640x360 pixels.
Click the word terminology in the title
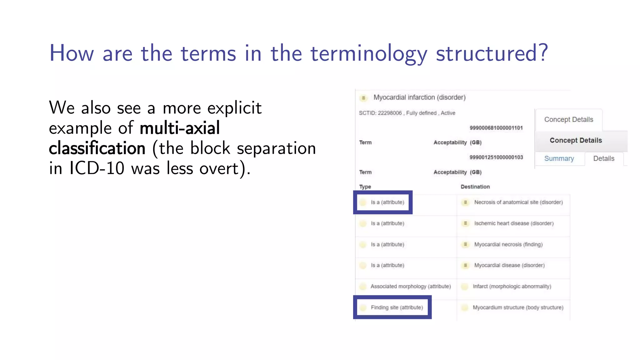coord(369,54)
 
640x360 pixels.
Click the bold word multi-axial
coord(180,128)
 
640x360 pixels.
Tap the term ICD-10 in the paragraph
coord(97,168)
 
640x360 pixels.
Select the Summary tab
coord(559,158)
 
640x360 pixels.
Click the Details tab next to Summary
coord(603,158)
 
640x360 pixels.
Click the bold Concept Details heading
coord(576,140)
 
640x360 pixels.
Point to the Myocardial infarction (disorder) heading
coord(419,97)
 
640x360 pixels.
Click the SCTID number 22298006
coord(390,113)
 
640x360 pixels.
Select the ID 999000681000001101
coord(496,128)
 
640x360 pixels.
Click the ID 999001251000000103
coord(496,157)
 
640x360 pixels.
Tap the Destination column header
coord(475,187)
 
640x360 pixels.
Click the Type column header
coord(365,187)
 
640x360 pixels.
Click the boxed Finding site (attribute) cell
coord(397,307)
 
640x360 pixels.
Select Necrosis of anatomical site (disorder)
coord(518,202)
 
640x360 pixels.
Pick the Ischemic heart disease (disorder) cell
coord(514,223)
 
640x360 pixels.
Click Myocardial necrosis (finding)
coord(508,244)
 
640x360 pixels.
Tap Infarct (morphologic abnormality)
coord(512,286)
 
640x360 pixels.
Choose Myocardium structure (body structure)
coord(518,307)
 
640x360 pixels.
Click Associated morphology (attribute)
coord(410,286)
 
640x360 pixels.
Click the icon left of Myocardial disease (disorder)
coord(465,265)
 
